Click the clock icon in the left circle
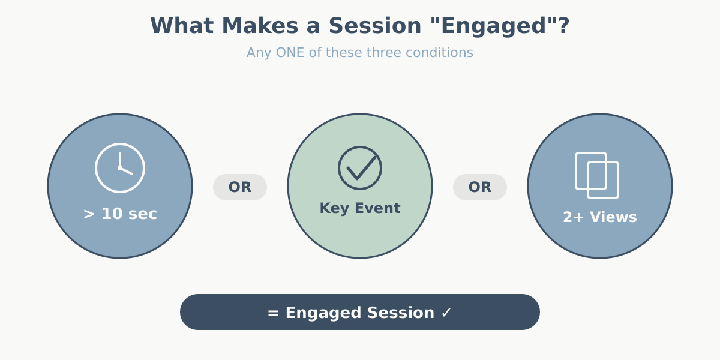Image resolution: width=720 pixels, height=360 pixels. (120, 168)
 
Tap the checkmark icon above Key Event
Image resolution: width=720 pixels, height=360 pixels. (360, 168)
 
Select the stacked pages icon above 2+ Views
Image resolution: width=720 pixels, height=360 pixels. (597, 175)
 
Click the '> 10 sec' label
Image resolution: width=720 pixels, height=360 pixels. (120, 214)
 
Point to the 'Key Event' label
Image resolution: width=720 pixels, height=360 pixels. (360, 208)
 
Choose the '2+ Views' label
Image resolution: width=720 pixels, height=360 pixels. (600, 217)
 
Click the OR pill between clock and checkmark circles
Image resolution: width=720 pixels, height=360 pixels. (240, 187)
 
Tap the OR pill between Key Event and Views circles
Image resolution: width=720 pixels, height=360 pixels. (480, 187)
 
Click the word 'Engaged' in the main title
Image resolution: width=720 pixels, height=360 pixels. (497, 26)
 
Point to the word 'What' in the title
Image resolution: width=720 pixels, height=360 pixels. (177, 26)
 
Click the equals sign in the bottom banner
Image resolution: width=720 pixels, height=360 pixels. (274, 313)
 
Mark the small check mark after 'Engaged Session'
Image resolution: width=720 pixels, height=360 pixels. (446, 313)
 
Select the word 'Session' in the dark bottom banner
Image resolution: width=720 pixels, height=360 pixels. (400, 313)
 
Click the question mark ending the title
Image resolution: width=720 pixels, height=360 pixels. (563, 26)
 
